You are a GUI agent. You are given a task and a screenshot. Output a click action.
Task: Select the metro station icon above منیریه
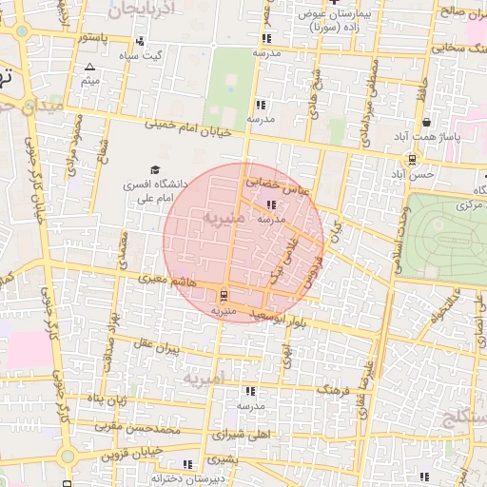224,295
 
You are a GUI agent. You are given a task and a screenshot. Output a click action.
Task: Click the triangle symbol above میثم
90,68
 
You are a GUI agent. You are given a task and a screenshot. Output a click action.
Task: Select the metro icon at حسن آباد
411,160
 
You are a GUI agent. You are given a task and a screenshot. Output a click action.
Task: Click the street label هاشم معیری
169,282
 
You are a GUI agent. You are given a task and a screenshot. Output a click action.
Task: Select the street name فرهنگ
332,390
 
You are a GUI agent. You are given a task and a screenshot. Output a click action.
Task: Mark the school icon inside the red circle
271,205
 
